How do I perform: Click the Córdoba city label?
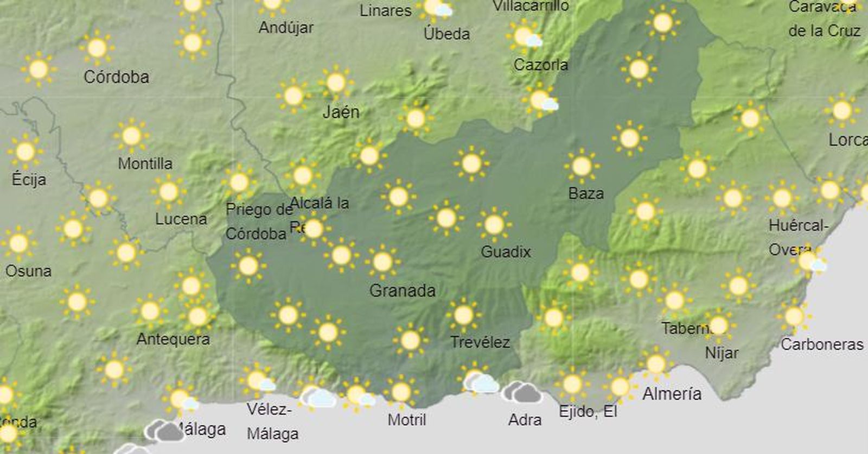[116, 77]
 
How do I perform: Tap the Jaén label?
[341, 112]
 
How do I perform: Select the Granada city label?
[402, 291]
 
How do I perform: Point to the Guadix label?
[506, 251]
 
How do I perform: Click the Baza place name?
[586, 193]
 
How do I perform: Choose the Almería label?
[672, 393]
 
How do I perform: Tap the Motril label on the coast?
[407, 420]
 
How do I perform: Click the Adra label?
[525, 420]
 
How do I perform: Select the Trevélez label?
[480, 342]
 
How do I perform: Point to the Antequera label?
[173, 339]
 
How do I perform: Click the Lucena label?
[181, 219]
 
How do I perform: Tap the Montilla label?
[145, 163]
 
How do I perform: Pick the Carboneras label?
[822, 344]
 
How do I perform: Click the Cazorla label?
[541, 65]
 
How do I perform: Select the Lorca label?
[847, 140]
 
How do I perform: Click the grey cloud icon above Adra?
[521, 392]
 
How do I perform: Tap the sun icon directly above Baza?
[582, 166]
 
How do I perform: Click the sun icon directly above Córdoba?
[97, 48]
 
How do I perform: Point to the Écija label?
[29, 179]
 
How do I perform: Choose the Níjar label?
[722, 353]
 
